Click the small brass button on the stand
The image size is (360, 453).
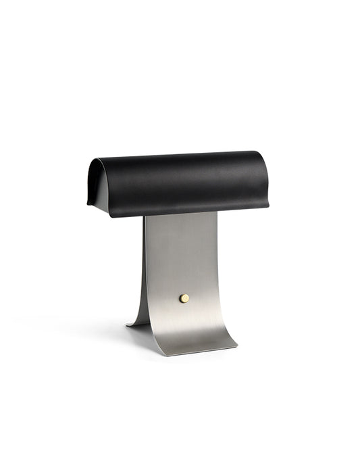click(x=184, y=298)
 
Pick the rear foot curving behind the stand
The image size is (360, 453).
click(x=141, y=311)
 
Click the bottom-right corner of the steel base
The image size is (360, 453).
click(x=237, y=348)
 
